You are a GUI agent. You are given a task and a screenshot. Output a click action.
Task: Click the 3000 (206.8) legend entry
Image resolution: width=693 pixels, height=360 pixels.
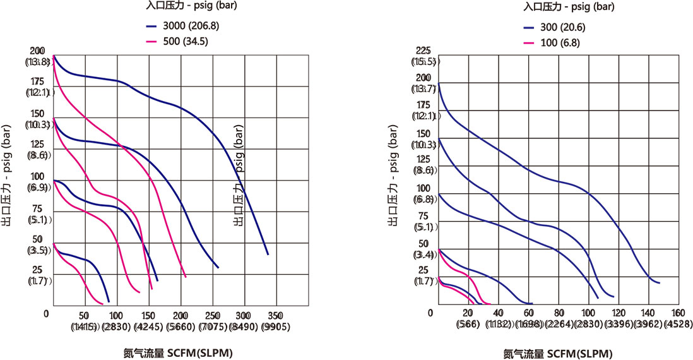click(x=183, y=27)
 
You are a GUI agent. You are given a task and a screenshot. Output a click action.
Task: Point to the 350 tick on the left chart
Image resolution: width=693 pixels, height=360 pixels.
click(x=275, y=315)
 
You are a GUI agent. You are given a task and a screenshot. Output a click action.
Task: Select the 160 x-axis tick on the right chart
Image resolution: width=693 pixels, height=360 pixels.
click(x=678, y=313)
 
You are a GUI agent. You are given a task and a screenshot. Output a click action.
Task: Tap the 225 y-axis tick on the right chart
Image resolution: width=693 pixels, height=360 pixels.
click(x=423, y=51)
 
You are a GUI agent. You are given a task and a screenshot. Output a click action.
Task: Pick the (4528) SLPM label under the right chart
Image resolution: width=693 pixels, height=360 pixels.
click(x=678, y=325)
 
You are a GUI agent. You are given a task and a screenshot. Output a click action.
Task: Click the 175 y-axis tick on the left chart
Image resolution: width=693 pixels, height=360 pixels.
click(x=37, y=81)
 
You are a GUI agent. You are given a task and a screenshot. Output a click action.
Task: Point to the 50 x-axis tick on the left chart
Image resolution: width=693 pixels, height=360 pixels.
click(x=83, y=315)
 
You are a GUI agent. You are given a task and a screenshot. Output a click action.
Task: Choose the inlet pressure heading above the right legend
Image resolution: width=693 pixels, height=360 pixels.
click(x=561, y=7)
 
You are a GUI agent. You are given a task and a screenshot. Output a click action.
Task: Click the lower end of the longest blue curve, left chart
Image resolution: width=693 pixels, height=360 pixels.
click(x=268, y=254)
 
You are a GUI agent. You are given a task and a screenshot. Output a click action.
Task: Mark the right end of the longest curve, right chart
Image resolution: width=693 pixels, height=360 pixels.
click(x=660, y=282)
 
